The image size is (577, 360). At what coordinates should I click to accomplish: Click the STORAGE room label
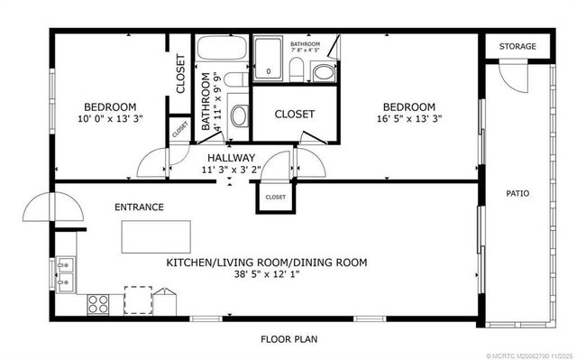coord(517,46)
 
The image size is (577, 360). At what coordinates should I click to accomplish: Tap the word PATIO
coord(517,192)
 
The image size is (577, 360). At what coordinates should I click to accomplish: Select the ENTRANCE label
coord(139,207)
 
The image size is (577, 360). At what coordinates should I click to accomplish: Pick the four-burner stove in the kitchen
coord(98,304)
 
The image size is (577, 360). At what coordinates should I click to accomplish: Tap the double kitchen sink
coord(65,272)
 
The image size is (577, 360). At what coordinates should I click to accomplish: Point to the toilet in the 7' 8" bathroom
coord(298,70)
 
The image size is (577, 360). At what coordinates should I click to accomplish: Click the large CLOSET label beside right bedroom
coord(294,114)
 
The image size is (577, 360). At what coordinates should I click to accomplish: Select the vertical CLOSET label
coord(180,75)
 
